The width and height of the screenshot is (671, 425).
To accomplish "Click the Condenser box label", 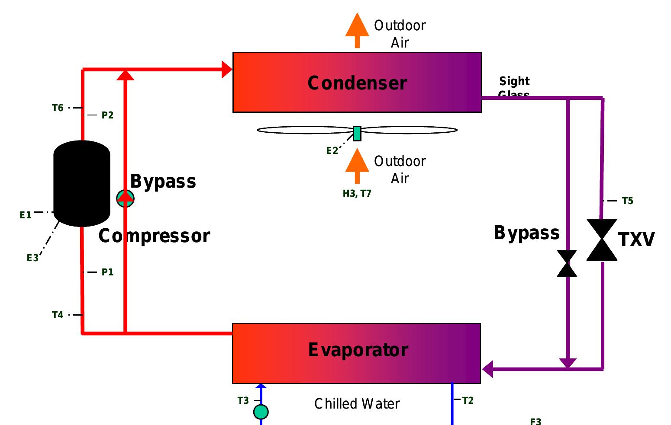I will [x=357, y=83].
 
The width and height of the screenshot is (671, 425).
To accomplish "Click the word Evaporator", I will [x=358, y=350].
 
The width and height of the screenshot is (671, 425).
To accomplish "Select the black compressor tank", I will [x=81, y=183].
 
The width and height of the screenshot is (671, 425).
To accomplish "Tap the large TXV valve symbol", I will [x=602, y=240].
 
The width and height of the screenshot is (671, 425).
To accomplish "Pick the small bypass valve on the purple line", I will [x=567, y=263].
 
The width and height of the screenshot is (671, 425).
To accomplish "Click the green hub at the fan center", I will [x=357, y=133].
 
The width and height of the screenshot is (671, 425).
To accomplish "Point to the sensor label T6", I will [x=58, y=108].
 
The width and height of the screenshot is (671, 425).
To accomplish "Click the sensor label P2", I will [x=107, y=115].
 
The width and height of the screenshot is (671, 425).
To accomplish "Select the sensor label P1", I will [x=107, y=272].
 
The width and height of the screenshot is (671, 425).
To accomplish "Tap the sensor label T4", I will [x=58, y=315].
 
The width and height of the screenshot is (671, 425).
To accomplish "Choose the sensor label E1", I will [x=26, y=215].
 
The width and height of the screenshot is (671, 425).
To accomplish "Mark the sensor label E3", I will [x=32, y=258].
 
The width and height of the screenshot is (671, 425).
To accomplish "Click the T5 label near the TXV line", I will [x=627, y=201].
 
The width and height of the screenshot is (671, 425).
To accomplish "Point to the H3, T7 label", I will [x=357, y=193].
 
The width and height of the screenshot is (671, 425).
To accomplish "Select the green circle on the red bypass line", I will [x=125, y=198].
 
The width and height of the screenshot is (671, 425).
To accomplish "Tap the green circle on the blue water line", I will [x=261, y=412].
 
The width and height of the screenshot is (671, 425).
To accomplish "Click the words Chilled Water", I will [x=357, y=403].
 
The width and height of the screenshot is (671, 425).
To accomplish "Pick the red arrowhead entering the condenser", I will [x=227, y=69].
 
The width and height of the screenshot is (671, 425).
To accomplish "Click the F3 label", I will [x=536, y=421].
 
